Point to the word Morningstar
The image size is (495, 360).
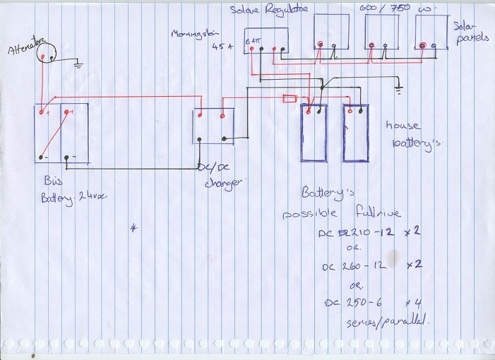coord(193,35)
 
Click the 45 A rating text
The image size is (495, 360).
coord(221,47)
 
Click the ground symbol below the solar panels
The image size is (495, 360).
coord(399,90)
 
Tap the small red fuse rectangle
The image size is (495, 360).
coord(289,99)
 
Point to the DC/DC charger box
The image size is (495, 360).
coord(214,126)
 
